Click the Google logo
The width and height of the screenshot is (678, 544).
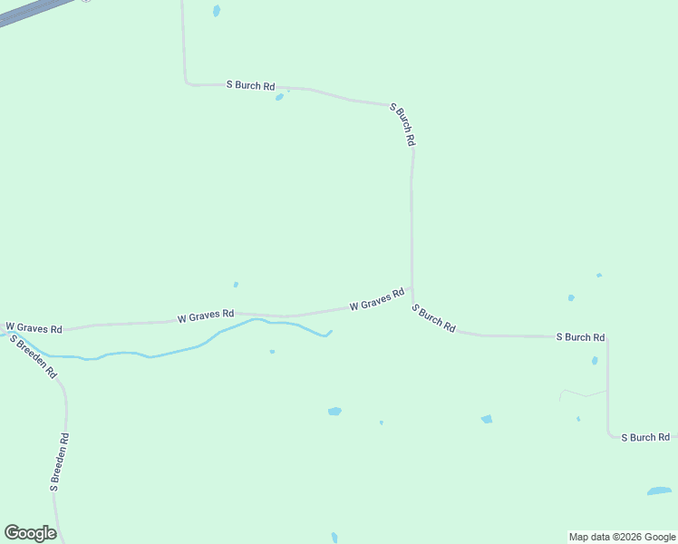click(x=30, y=533)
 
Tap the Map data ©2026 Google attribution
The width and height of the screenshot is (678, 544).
click(x=622, y=537)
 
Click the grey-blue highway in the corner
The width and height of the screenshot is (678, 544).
click(x=32, y=11)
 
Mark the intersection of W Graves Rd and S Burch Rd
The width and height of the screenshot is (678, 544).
click(x=412, y=289)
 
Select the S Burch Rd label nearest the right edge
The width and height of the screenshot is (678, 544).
click(x=644, y=437)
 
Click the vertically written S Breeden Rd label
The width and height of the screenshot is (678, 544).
click(x=60, y=462)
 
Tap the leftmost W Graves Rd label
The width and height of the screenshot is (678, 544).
click(x=34, y=327)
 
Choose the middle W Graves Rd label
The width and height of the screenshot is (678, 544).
click(x=206, y=316)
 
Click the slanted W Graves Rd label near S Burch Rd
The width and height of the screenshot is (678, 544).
click(x=376, y=299)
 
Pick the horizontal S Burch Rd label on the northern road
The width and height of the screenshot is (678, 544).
click(x=250, y=85)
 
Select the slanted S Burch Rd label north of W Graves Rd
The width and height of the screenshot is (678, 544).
click(x=402, y=125)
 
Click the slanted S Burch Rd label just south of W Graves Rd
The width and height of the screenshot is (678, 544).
click(x=433, y=318)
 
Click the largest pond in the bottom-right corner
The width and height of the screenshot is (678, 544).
click(x=659, y=491)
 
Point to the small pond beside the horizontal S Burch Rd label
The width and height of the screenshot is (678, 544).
click(x=279, y=97)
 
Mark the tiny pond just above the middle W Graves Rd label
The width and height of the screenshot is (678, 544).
click(x=236, y=285)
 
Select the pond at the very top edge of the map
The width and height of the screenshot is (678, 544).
click(x=216, y=11)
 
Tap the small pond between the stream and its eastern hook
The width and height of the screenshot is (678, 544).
click(x=272, y=352)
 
